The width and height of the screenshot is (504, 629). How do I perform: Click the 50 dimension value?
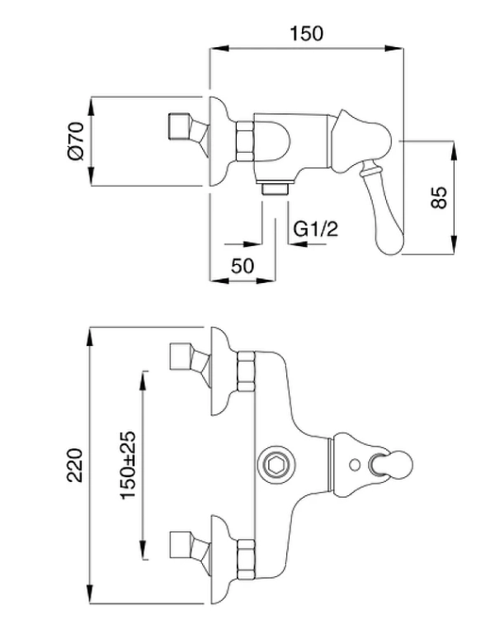coord(242,265)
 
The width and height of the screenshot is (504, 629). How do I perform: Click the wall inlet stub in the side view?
coord(177,127)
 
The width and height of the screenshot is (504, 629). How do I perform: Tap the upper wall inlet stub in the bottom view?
coord(180,357)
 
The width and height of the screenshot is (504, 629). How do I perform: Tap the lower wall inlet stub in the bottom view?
coord(180,545)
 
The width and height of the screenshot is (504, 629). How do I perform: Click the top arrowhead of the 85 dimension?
coord(453,147)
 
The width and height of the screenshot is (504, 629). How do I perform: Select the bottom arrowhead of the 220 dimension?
coord(90,596)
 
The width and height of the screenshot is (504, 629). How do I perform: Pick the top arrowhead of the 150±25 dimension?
coord(144,376)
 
